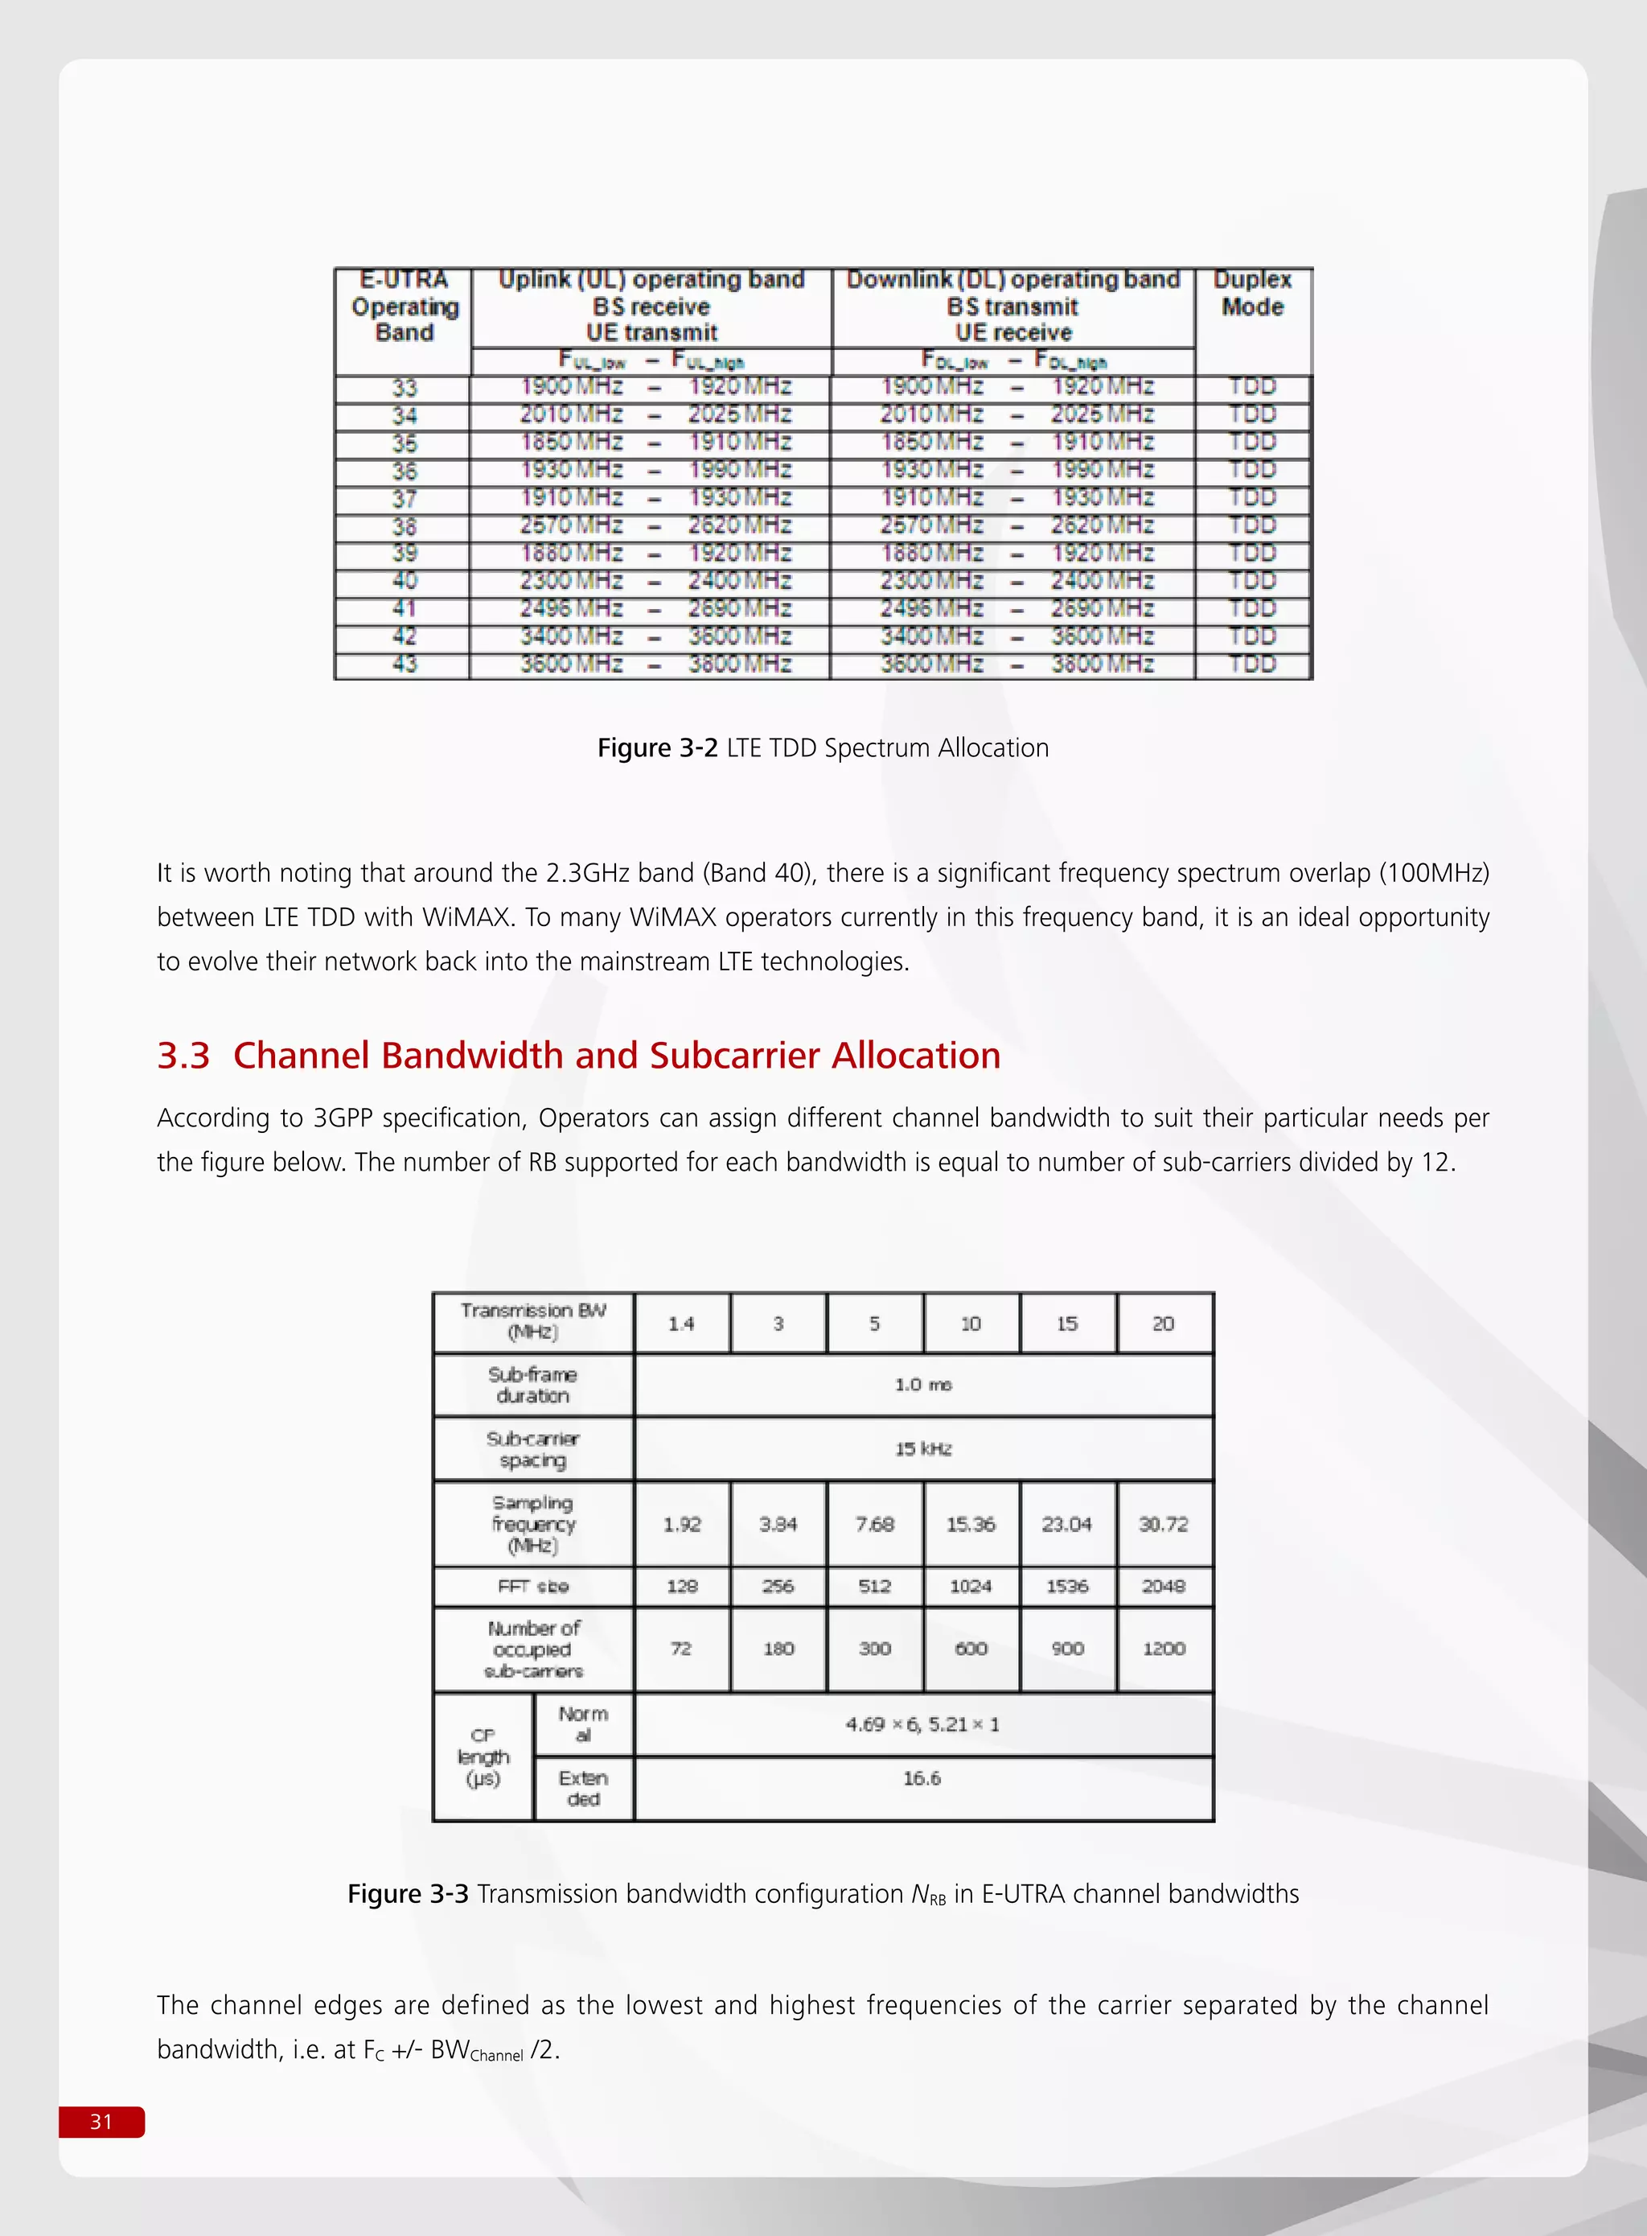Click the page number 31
click(101, 2121)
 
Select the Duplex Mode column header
click(1252, 293)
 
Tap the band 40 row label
click(404, 580)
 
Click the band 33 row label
click(404, 387)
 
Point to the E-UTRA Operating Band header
click(404, 307)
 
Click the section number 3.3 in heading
click(183, 1055)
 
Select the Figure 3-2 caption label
click(657, 748)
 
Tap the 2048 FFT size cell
click(1164, 1586)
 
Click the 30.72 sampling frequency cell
click(1164, 1524)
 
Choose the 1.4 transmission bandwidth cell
click(682, 1324)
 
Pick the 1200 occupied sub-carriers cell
click(1164, 1649)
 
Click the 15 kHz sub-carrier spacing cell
click(923, 1448)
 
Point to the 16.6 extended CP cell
click(922, 1778)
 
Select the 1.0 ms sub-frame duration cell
click(923, 1384)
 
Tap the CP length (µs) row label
click(483, 1757)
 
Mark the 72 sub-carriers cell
click(682, 1649)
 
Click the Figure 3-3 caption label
click(408, 1894)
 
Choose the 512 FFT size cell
click(874, 1586)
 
